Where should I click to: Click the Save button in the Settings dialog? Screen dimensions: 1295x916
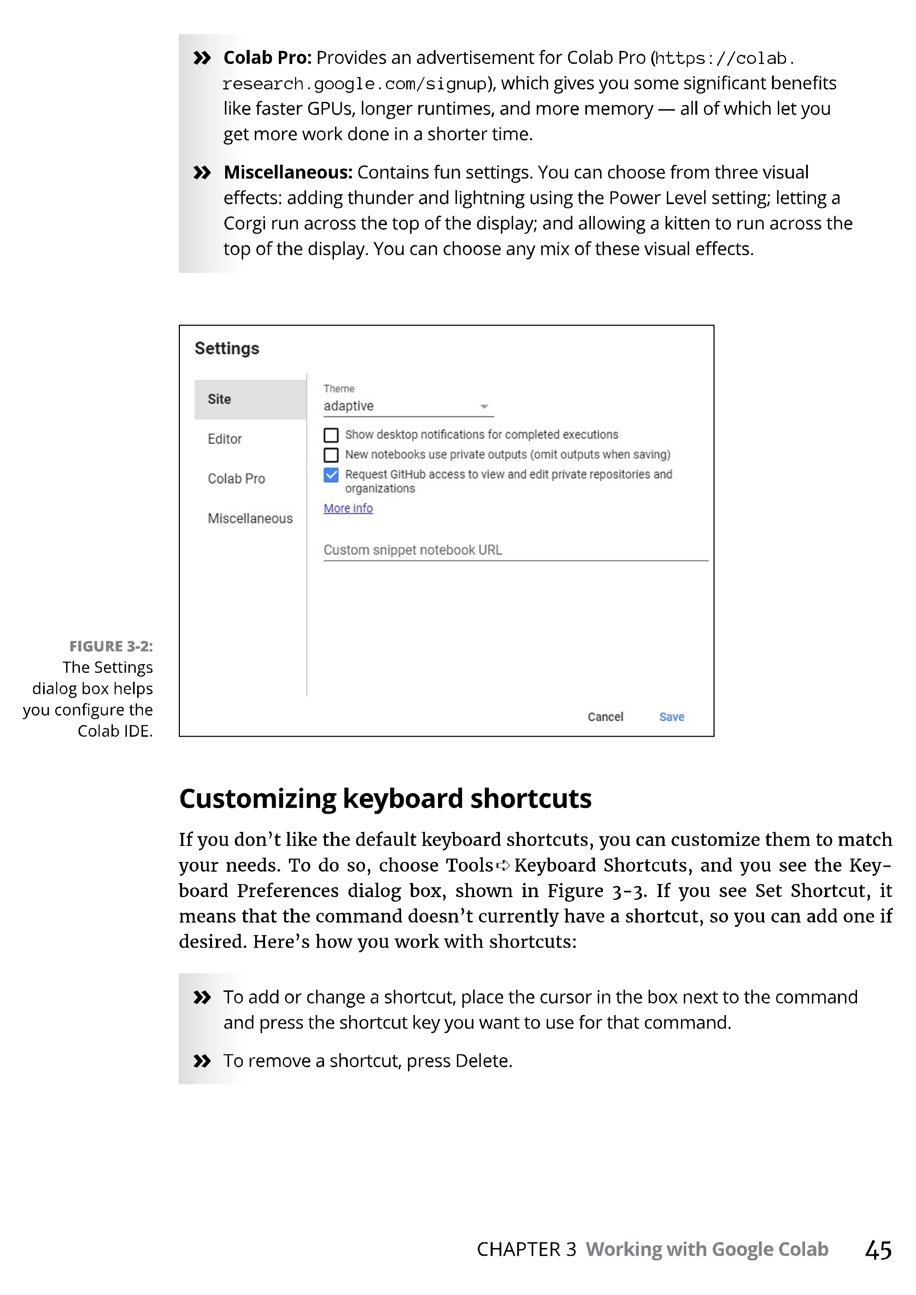(x=671, y=717)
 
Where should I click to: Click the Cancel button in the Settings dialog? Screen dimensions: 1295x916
(x=605, y=717)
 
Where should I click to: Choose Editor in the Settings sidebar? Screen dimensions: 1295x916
(x=224, y=439)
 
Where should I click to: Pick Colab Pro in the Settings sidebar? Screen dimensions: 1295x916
(x=236, y=479)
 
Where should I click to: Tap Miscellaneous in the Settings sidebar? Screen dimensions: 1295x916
(x=250, y=518)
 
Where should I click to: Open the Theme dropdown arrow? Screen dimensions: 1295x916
(x=484, y=407)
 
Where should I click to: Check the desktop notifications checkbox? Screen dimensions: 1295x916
(x=331, y=435)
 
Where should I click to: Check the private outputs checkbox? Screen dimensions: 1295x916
(x=331, y=455)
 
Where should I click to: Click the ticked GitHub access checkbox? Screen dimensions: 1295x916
(x=331, y=475)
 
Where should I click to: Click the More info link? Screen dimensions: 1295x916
(x=348, y=508)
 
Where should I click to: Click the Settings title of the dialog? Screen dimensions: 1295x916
(x=227, y=348)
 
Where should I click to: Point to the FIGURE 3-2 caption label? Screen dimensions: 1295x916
(x=111, y=646)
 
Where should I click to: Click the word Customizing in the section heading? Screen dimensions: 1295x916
(x=258, y=799)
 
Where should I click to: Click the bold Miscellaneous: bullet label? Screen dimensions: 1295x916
(x=288, y=172)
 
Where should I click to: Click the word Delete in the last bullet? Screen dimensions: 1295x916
(x=482, y=1061)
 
